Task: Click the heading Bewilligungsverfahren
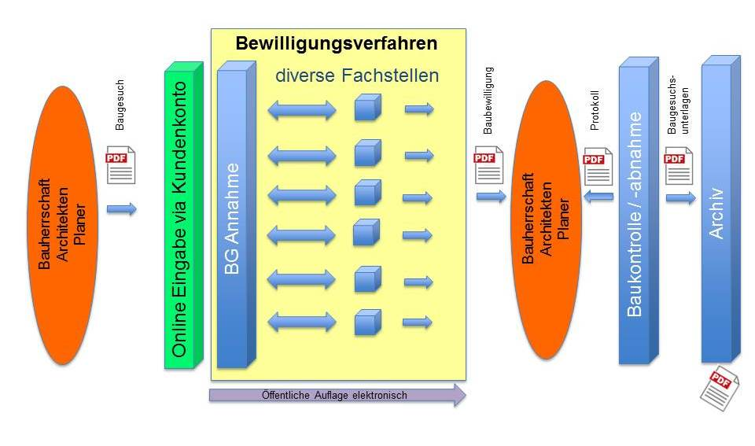(337, 42)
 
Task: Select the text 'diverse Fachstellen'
(356, 76)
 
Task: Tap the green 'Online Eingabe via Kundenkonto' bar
(180, 219)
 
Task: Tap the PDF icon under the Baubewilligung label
(488, 167)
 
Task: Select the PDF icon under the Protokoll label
(598, 167)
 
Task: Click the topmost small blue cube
(367, 109)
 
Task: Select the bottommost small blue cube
(367, 322)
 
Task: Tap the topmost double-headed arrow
(302, 111)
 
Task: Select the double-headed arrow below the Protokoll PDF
(599, 197)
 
